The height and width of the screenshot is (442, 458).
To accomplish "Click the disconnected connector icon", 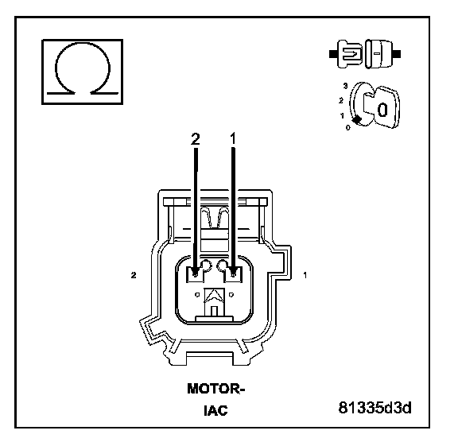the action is (365, 54).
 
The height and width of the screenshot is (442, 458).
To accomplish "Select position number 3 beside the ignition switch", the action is (346, 86).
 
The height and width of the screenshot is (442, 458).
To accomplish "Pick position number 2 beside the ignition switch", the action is (341, 101).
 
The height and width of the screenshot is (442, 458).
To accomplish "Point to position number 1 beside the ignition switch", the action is (342, 116).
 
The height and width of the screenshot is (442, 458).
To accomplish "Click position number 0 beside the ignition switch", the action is (347, 127).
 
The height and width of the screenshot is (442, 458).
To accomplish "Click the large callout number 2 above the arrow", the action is (196, 139).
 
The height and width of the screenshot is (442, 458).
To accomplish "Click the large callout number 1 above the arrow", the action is (233, 139).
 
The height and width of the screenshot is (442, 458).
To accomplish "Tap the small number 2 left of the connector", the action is (134, 275).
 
